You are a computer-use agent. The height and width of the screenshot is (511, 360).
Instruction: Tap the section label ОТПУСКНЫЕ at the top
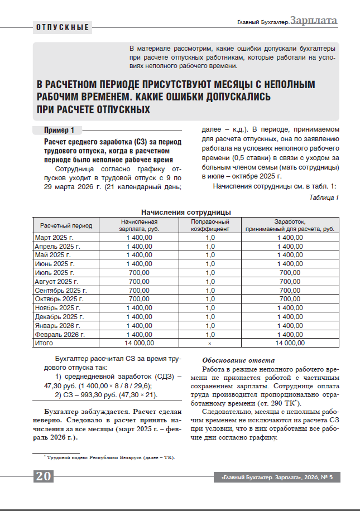pyautogui.click(x=63, y=27)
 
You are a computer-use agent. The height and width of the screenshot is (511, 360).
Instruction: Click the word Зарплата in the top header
pyautogui.click(x=314, y=21)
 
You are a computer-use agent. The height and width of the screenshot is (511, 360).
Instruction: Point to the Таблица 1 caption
pyautogui.click(x=324, y=197)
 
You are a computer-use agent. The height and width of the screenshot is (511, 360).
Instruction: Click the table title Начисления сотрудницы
pyautogui.click(x=186, y=212)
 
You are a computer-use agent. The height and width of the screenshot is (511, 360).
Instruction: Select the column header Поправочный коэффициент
pyautogui.click(x=210, y=225)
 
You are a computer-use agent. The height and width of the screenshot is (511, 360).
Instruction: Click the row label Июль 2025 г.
pyautogui.click(x=55, y=272)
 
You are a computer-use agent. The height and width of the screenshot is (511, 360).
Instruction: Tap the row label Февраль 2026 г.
pyautogui.click(x=60, y=334)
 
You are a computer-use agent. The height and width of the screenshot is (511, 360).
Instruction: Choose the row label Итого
pyautogui.click(x=44, y=343)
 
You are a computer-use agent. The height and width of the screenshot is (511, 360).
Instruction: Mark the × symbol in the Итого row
pyautogui.click(x=210, y=343)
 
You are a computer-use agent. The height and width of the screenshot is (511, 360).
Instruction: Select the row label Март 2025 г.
pyautogui.click(x=54, y=237)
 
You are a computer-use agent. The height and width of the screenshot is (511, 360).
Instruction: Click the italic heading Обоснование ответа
pyautogui.click(x=238, y=360)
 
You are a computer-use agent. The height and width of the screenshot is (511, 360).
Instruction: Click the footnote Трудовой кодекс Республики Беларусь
pyautogui.click(x=111, y=457)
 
